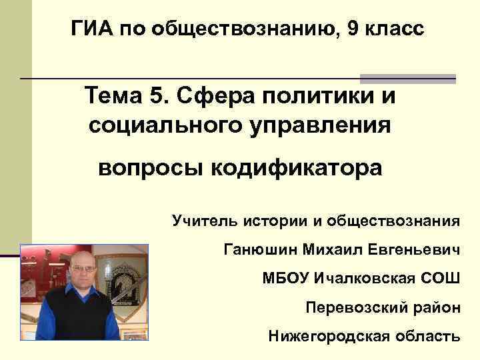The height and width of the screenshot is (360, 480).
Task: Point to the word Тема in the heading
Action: [x=110, y=97]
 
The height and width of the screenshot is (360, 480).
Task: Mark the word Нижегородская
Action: [x=325, y=336]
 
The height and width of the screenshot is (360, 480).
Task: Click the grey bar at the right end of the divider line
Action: [x=408, y=78]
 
